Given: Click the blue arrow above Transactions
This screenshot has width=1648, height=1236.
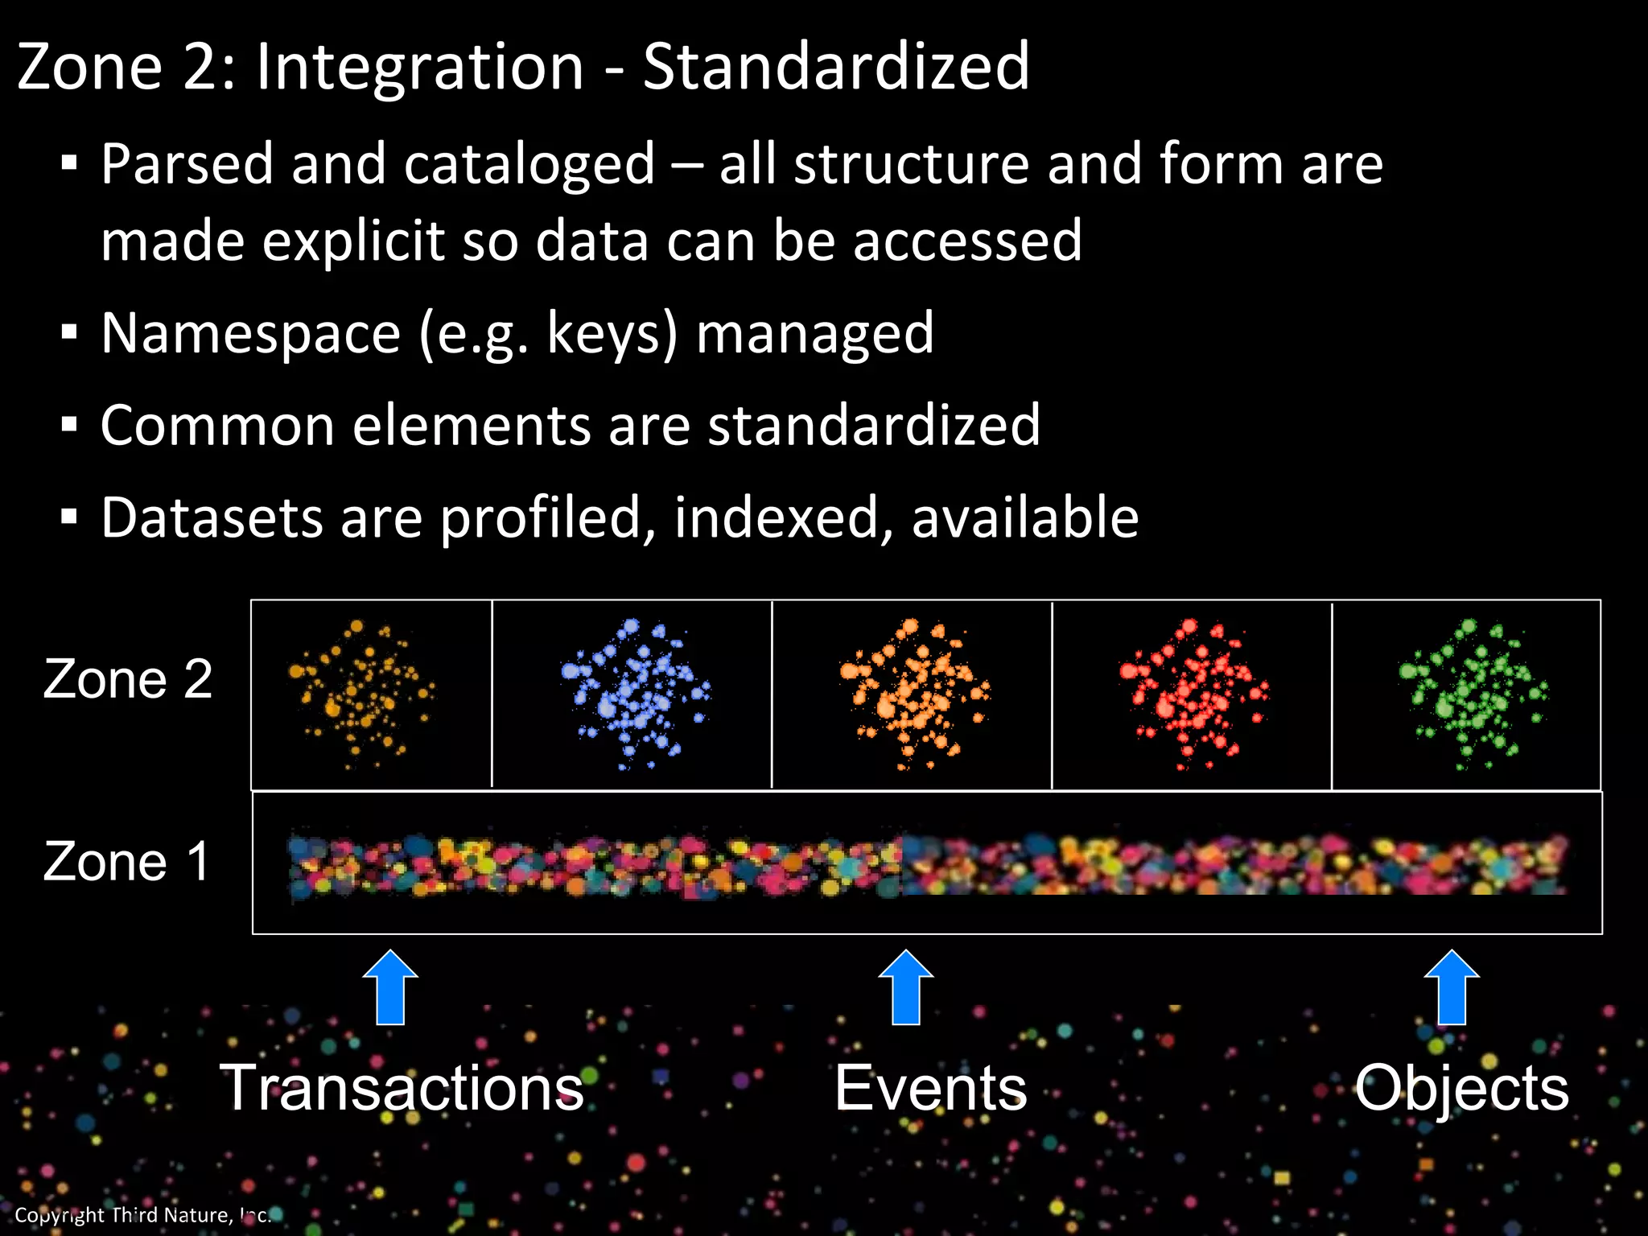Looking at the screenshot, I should [x=390, y=988].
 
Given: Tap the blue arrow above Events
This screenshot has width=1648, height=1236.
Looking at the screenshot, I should [x=906, y=988].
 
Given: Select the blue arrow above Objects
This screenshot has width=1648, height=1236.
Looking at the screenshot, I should [x=1452, y=988].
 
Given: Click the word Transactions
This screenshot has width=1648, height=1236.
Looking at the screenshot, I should [x=402, y=1088].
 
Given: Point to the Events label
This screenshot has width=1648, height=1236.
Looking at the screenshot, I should [x=931, y=1088].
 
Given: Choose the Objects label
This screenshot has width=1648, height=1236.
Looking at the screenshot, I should [x=1461, y=1088].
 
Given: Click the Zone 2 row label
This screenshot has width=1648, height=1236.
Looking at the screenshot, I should [x=128, y=679].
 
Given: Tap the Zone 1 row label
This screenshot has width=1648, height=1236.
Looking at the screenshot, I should [x=126, y=862].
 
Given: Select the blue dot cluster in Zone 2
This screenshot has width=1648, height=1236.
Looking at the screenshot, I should [x=635, y=694].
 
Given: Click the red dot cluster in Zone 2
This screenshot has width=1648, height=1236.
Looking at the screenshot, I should [x=1193, y=694].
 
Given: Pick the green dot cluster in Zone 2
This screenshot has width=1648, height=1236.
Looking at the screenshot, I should [x=1473, y=694].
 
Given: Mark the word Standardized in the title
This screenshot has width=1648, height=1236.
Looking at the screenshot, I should [x=836, y=67].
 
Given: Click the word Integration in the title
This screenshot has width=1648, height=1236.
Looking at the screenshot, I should [x=419, y=67].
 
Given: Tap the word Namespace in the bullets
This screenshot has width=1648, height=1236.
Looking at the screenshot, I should [x=250, y=333].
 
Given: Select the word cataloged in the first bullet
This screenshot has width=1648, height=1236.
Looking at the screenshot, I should [x=529, y=164].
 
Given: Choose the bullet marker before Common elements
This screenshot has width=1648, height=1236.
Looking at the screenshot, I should [x=69, y=425].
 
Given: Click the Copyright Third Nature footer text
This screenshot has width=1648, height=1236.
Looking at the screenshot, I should [x=142, y=1215].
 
